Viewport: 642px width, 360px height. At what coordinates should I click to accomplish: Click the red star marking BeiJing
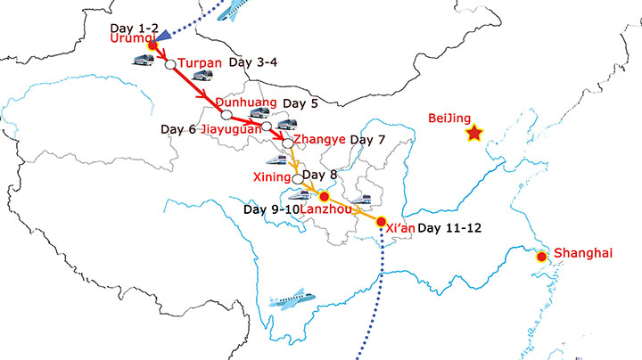(x=474, y=134)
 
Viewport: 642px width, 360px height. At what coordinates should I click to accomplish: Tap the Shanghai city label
(x=584, y=253)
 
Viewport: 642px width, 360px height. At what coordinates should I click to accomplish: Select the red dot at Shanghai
(x=541, y=258)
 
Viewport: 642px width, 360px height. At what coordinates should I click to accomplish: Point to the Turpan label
(x=199, y=63)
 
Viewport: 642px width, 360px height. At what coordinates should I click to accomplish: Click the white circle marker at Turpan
(x=169, y=64)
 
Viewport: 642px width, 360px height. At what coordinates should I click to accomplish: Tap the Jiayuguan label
(x=231, y=129)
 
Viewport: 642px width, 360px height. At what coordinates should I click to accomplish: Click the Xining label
(x=272, y=176)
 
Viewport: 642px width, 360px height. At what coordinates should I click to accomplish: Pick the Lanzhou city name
(x=325, y=209)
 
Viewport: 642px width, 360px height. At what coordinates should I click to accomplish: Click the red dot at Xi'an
(x=381, y=221)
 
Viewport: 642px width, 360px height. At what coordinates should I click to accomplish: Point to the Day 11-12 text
(x=449, y=228)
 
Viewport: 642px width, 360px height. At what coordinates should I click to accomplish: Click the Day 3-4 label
(x=254, y=63)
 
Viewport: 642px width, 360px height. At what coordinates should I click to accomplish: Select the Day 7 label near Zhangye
(x=368, y=140)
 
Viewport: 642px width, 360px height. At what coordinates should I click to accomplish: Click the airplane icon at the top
(x=233, y=10)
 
